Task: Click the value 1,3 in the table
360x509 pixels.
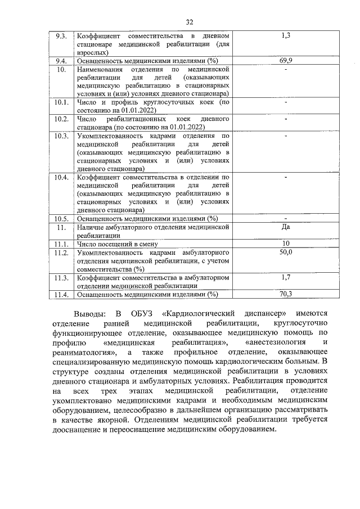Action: pyautogui.click(x=286, y=36)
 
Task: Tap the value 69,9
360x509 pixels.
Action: pyautogui.click(x=286, y=60)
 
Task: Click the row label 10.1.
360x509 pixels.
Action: pyautogui.click(x=61, y=103)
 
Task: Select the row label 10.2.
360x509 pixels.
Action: pyautogui.click(x=61, y=119)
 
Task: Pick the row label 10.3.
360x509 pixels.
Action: pyautogui.click(x=61, y=136)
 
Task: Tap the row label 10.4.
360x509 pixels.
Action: pyautogui.click(x=61, y=177)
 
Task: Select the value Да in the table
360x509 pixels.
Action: pyautogui.click(x=286, y=227)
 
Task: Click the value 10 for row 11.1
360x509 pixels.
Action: pyautogui.click(x=286, y=244)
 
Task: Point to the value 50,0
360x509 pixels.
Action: pyautogui.click(x=286, y=253)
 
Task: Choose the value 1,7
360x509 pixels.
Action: pyautogui.click(x=286, y=277)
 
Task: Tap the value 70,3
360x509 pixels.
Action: pyautogui.click(x=286, y=294)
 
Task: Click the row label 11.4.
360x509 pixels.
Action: pyautogui.click(x=61, y=294)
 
